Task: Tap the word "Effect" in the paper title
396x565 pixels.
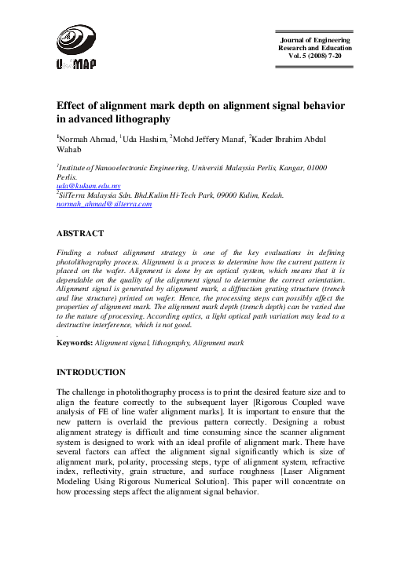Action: coord(75,106)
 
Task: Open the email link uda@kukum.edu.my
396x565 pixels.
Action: coord(86,187)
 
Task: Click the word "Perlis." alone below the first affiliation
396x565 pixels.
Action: coord(68,178)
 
